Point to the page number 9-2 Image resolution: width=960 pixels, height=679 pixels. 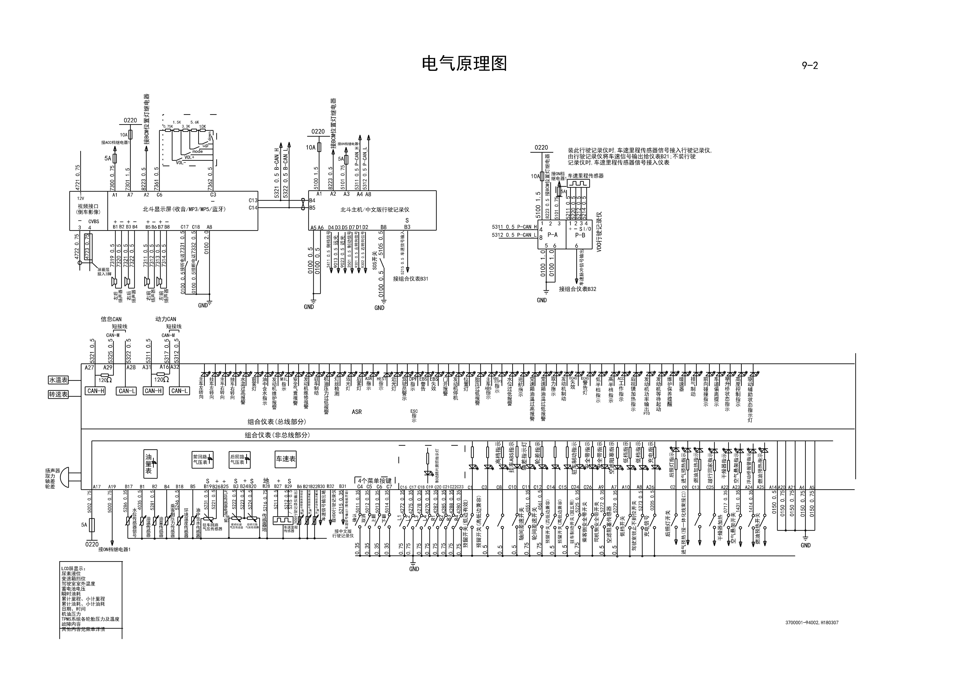(x=809, y=66)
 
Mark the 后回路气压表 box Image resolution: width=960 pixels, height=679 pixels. (x=239, y=459)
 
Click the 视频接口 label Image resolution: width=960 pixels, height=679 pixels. (x=88, y=206)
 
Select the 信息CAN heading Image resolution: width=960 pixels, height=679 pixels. (x=111, y=319)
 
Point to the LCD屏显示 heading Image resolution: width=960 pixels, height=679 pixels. (x=74, y=569)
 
